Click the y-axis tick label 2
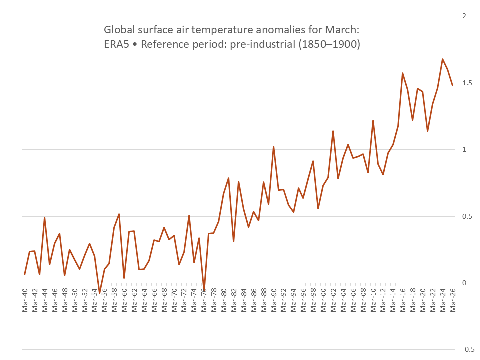click(x=464, y=16)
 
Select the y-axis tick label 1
click(x=464, y=150)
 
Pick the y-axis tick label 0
click(x=464, y=283)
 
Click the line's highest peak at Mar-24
click(x=443, y=59)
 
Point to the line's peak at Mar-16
click(x=403, y=73)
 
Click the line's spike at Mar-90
click(x=274, y=147)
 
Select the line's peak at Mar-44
click(x=45, y=218)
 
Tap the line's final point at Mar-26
click(x=453, y=85)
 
